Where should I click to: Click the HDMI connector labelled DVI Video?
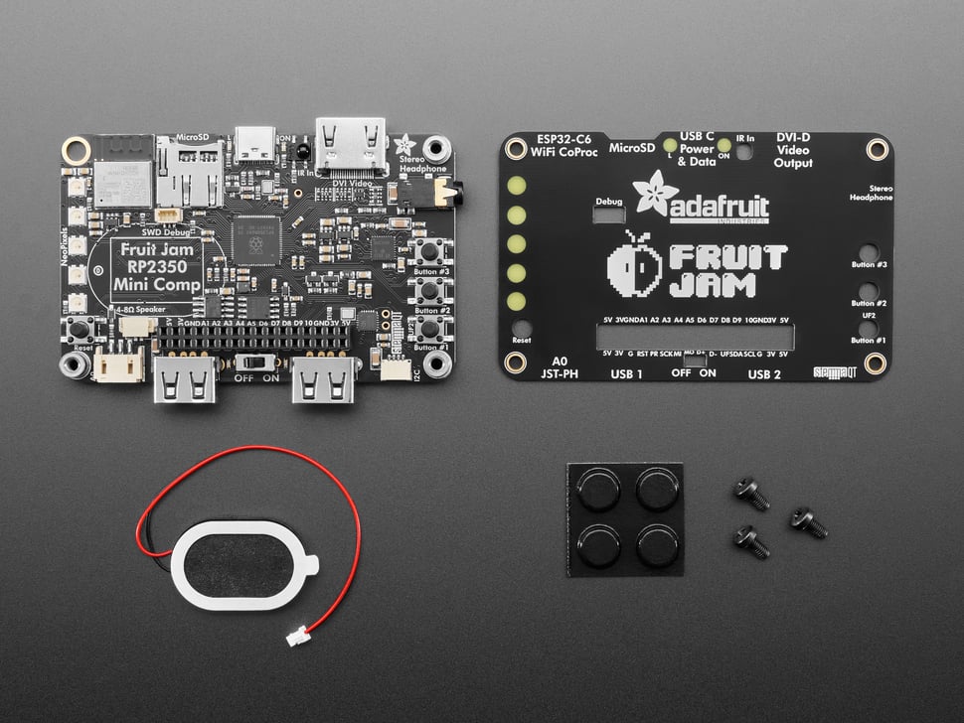[351, 146]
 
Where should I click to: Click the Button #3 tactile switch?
[430, 251]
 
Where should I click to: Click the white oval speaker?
[241, 564]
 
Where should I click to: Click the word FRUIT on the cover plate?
[727, 257]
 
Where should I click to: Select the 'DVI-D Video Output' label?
[793, 150]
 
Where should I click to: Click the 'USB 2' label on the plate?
[763, 373]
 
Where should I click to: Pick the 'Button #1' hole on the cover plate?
[868, 328]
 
